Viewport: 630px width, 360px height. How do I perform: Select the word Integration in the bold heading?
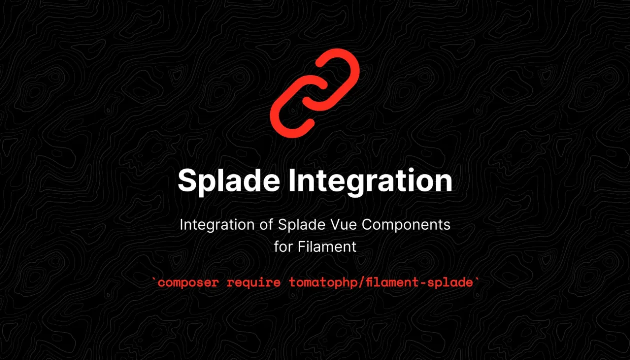pos(370,180)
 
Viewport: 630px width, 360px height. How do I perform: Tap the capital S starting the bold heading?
pos(187,180)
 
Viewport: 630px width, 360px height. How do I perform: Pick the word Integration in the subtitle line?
pos(214,225)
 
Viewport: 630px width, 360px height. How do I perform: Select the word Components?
pos(406,225)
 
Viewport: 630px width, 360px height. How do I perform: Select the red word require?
pos(253,283)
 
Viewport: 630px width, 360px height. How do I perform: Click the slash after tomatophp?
pos(348,283)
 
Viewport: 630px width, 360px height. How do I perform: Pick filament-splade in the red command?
pos(412,283)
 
